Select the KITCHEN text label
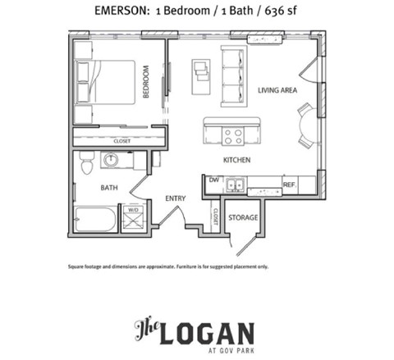pyautogui.click(x=237, y=160)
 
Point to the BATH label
pyautogui.click(x=109, y=188)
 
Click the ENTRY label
pyautogui.click(x=175, y=198)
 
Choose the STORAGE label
pyautogui.click(x=243, y=217)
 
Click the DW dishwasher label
pyautogui.click(x=213, y=180)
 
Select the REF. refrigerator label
pyautogui.click(x=289, y=185)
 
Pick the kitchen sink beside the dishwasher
pyautogui.click(x=236, y=185)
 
